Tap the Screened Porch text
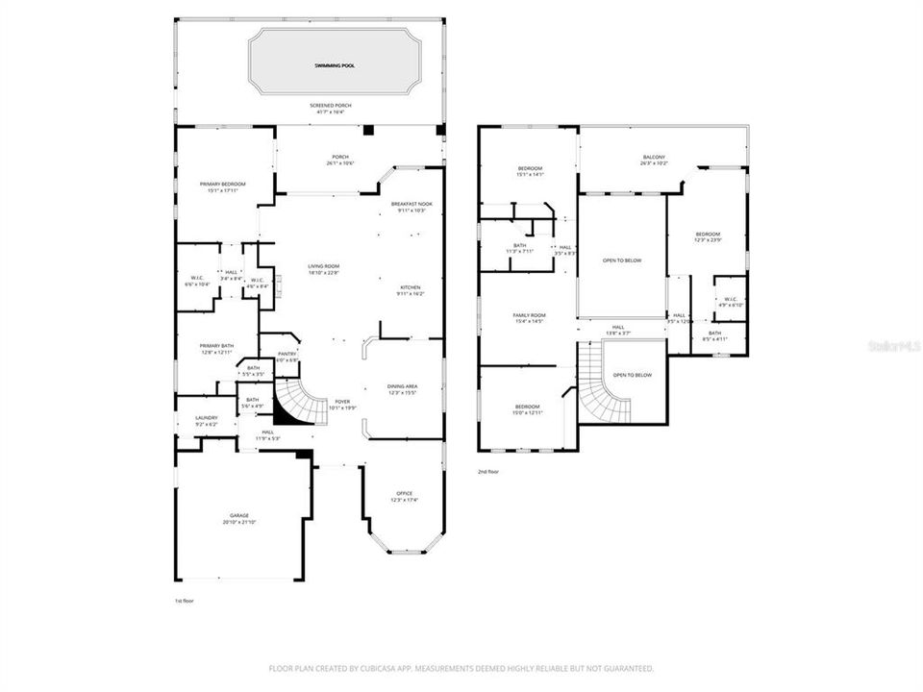coord(329,105)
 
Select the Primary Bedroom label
coord(223,185)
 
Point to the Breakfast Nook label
coord(412,204)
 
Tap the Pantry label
coord(287,354)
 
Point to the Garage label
coord(239,516)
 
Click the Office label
coord(405,494)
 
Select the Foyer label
coord(342,401)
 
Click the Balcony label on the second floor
coord(654,157)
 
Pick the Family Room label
coord(529,316)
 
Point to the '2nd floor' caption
coord(489,472)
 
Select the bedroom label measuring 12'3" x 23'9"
coord(708,235)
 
